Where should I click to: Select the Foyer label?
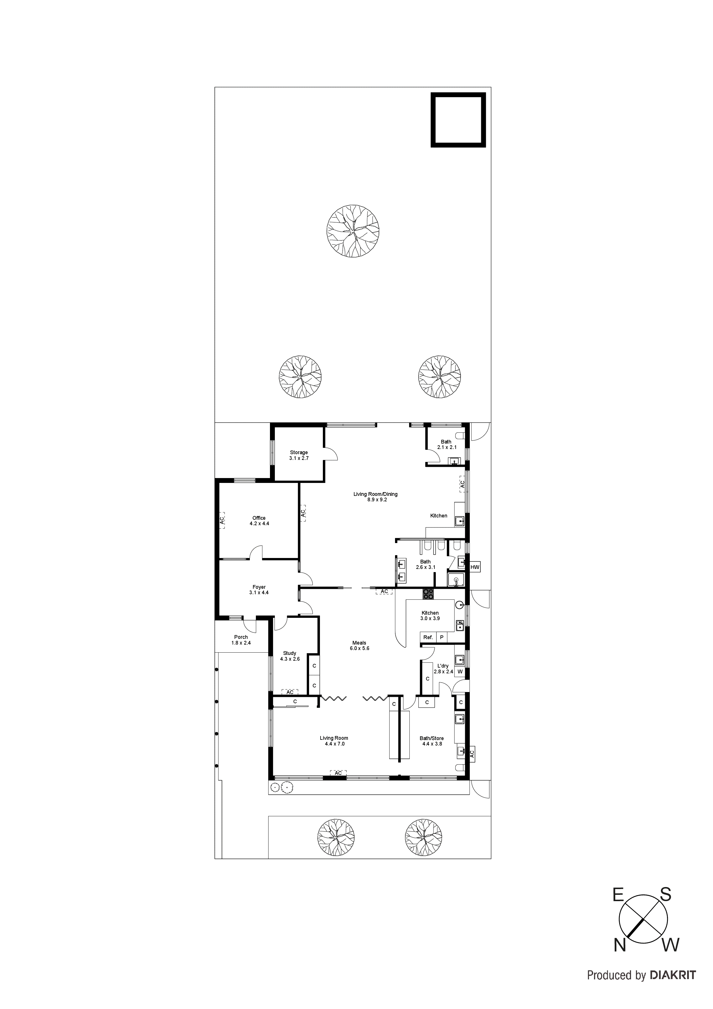click(259, 590)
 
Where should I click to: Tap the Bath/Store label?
click(432, 741)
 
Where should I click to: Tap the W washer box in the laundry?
click(460, 672)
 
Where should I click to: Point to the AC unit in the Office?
click(222, 519)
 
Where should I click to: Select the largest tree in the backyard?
click(353, 230)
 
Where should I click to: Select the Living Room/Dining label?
click(375, 496)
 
